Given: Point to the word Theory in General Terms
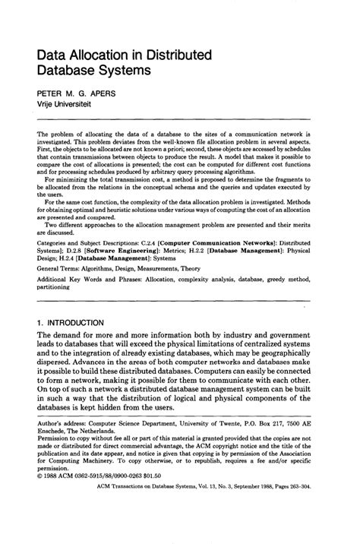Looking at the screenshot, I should [232, 269].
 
